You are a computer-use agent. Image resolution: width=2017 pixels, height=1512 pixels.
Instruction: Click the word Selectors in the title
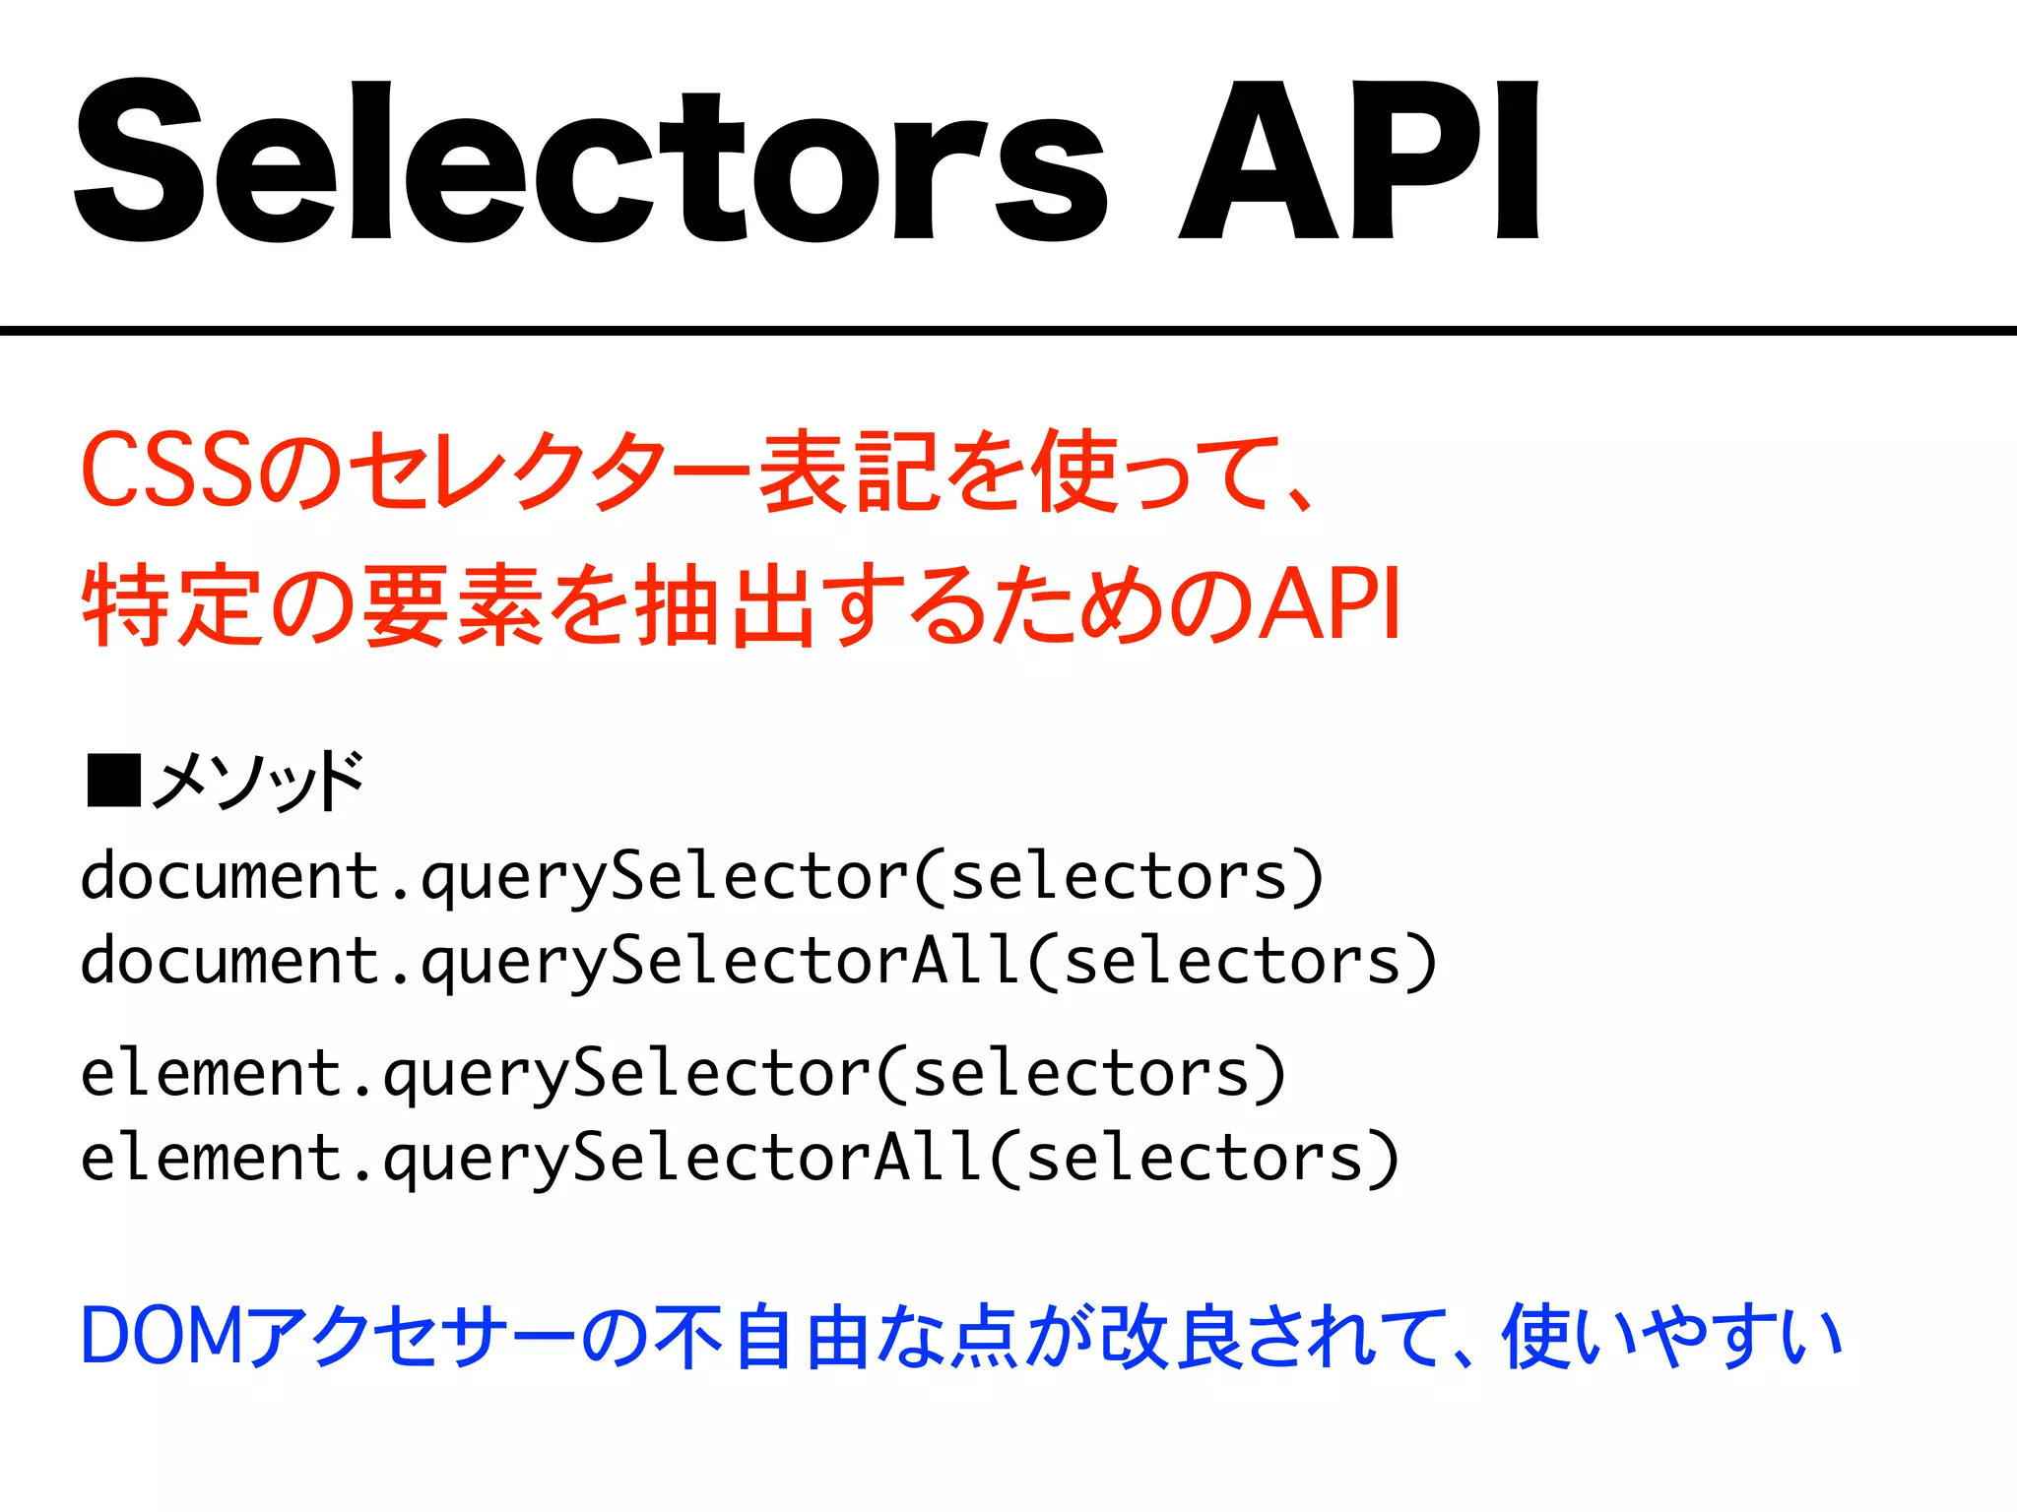[591, 162]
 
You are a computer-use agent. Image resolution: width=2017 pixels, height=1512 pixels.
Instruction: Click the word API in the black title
[1359, 162]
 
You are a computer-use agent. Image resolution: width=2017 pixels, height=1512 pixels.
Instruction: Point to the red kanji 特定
[173, 604]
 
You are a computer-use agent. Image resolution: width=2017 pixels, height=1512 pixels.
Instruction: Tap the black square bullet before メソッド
[113, 781]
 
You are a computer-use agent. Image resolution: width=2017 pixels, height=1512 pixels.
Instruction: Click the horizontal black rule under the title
[1008, 331]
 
